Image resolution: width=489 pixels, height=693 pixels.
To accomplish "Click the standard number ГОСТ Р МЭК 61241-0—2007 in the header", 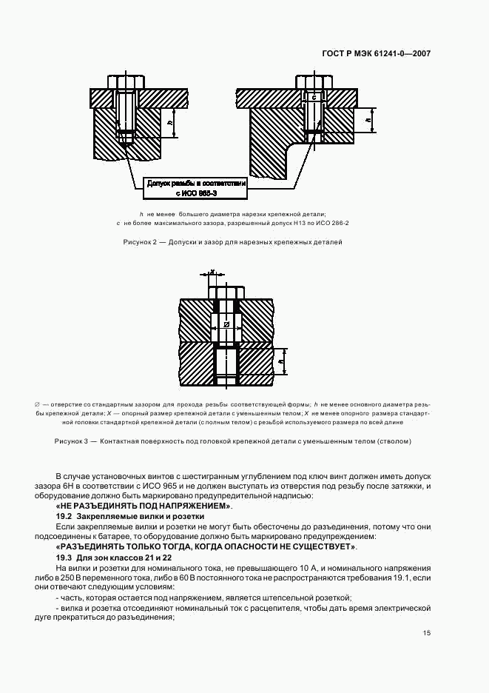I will pos(377,54).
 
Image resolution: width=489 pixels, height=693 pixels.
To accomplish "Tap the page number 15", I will pos(427,633).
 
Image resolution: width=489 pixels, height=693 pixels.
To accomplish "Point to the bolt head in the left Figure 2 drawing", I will pos(126,81).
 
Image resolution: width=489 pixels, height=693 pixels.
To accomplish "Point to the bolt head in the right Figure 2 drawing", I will pos(314,81).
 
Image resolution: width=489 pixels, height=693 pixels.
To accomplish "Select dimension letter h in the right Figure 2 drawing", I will pos(368,118).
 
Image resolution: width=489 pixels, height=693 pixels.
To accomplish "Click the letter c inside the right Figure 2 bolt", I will pos(314,98).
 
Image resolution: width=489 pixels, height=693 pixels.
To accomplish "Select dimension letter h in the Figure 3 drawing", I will pos(282,364).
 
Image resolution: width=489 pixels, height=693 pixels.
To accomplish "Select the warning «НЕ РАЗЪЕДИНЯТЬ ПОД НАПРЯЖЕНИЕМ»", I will pos(144,506).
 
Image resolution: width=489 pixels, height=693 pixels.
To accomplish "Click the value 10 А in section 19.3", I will pos(304,567).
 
